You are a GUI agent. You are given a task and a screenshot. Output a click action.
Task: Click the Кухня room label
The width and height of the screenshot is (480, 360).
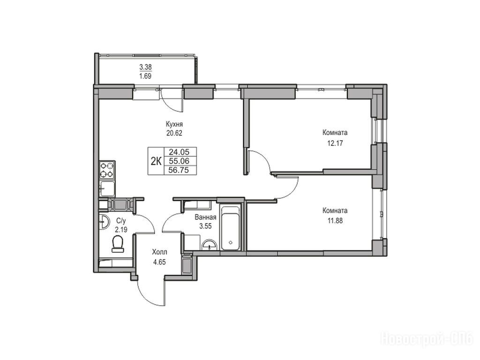[x=174, y=124]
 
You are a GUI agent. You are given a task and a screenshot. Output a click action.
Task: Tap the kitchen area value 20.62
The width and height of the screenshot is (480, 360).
[x=174, y=133]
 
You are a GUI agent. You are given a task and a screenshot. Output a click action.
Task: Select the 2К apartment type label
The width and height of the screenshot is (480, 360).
[x=156, y=161]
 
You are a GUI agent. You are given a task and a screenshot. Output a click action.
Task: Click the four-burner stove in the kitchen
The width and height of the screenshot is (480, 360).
[x=107, y=170]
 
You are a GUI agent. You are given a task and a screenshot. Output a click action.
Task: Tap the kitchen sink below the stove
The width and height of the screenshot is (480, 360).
[x=107, y=188]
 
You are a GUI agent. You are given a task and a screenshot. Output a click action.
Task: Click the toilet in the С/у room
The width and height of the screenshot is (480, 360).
[x=118, y=244]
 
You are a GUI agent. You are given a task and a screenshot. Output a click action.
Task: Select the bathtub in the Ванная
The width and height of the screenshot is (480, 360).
[x=231, y=228]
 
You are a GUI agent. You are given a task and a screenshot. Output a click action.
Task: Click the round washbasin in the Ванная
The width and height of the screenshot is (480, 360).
[x=209, y=245]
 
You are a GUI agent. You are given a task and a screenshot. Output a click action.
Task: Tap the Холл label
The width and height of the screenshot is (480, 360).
[x=159, y=253]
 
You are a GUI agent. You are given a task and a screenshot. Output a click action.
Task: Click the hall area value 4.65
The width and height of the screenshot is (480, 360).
[x=159, y=262]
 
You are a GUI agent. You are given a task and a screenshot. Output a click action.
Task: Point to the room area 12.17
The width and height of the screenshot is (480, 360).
[x=335, y=142]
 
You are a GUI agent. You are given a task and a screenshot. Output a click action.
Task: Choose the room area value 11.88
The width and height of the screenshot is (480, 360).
[x=335, y=220]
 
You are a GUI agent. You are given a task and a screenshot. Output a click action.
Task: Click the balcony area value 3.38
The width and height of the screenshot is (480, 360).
[x=145, y=67]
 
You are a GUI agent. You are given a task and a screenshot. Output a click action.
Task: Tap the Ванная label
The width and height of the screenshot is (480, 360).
[x=205, y=217]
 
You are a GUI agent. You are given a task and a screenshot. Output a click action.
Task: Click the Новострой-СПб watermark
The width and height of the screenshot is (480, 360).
[x=427, y=339]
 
